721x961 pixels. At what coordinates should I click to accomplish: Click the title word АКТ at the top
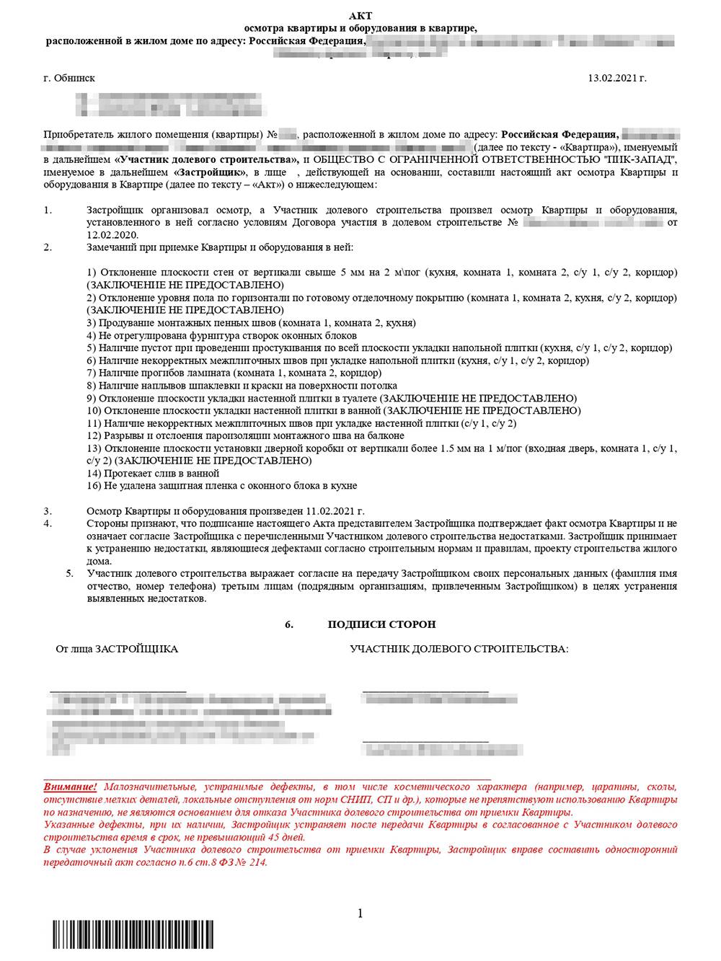pyautogui.click(x=360, y=16)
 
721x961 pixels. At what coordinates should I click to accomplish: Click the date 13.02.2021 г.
pyautogui.click(x=617, y=78)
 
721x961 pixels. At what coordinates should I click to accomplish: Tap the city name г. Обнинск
pyautogui.click(x=69, y=78)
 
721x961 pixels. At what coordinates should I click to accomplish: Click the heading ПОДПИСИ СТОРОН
pyautogui.click(x=381, y=624)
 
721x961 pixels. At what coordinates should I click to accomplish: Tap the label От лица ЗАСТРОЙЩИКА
pyautogui.click(x=117, y=649)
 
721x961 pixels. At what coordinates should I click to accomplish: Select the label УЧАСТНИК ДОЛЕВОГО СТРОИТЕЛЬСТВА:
pyautogui.click(x=459, y=649)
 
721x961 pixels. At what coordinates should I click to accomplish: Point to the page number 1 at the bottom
pyautogui.click(x=360, y=914)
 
